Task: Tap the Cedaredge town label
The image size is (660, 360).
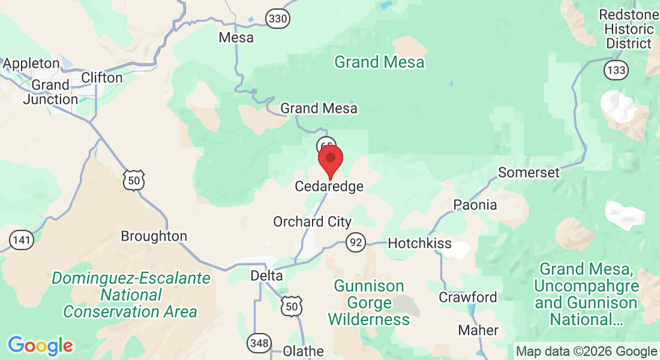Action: coord(329,187)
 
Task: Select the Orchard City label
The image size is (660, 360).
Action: coord(312,222)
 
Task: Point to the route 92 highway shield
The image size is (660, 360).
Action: coord(356,242)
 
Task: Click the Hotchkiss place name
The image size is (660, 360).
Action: coord(415,243)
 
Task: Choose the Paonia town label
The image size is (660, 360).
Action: coord(475,205)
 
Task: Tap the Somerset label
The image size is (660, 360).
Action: coord(529,173)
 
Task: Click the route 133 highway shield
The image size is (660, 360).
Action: coord(617,70)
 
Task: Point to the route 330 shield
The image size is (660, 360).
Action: coord(278,19)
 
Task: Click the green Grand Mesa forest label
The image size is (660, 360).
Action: coord(379,62)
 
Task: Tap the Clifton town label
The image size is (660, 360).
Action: coord(101,77)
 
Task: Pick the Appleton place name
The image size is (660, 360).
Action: coord(31,63)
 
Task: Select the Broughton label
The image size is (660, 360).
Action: coord(154,236)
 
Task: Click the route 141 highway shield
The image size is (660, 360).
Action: coord(22,241)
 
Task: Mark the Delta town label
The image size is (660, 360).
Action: coord(266,275)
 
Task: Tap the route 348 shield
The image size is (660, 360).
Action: coord(258,344)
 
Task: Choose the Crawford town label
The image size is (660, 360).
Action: coord(468,297)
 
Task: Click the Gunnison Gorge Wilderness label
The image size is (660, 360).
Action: coord(369,302)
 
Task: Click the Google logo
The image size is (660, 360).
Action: coord(40,346)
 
